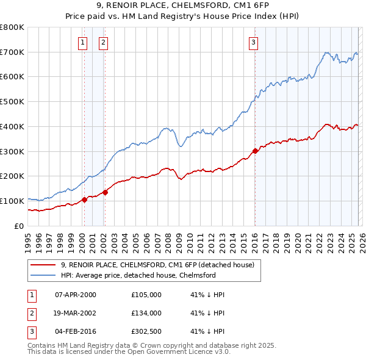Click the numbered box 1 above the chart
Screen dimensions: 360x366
pyautogui.click(x=82, y=42)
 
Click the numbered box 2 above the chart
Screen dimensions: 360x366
pyautogui.click(x=104, y=42)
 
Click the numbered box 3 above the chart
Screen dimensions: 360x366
pyautogui.click(x=253, y=42)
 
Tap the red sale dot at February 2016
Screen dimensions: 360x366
pyautogui.click(x=254, y=151)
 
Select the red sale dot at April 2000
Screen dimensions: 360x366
pyautogui.click(x=84, y=200)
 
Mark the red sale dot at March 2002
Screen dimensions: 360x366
pyautogui.click(x=105, y=192)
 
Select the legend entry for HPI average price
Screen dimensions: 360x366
pyautogui.click(x=138, y=275)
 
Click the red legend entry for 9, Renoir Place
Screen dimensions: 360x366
pyautogui.click(x=161, y=265)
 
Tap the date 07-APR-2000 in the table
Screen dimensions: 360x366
pyautogui.click(x=76, y=295)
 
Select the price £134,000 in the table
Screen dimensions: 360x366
pyautogui.click(x=146, y=313)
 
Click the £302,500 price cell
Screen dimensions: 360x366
pyautogui.click(x=146, y=331)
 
